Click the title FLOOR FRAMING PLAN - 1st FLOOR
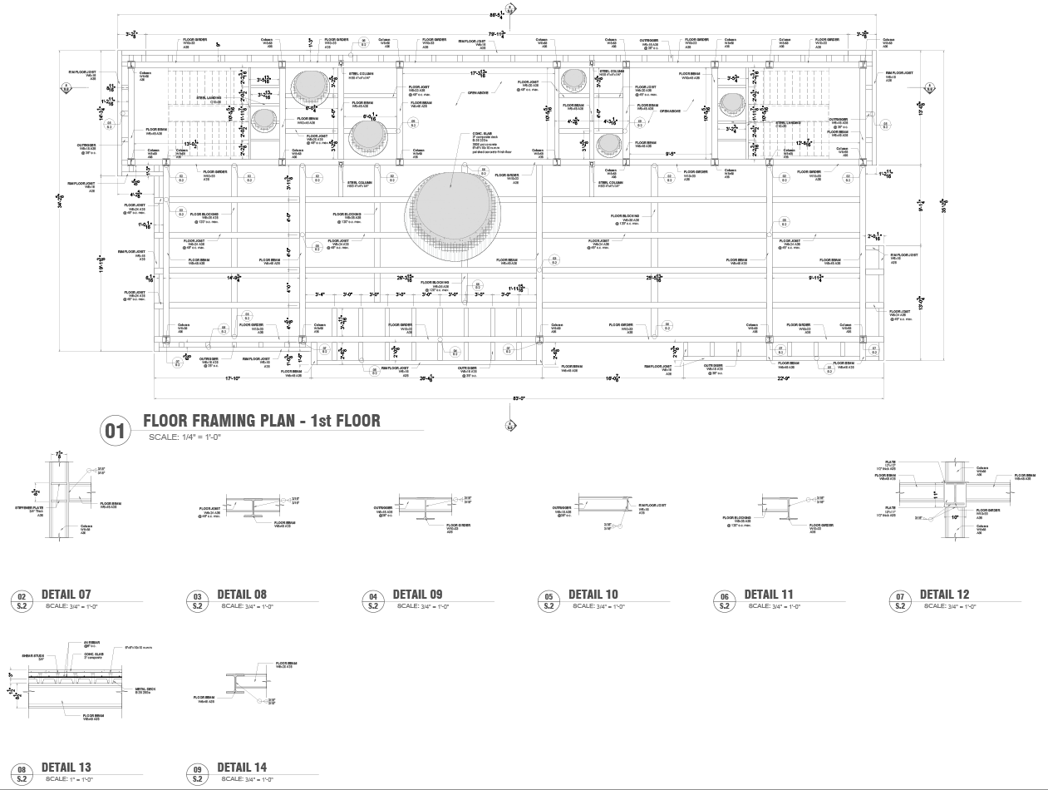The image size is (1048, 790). [x=262, y=421]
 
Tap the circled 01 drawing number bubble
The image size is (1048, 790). [x=116, y=431]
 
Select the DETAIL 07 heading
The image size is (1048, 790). [x=66, y=595]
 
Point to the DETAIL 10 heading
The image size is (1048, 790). [x=593, y=595]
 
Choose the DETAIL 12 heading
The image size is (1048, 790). [x=944, y=595]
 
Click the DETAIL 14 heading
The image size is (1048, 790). [x=242, y=767]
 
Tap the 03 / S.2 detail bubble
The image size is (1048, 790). [x=198, y=601]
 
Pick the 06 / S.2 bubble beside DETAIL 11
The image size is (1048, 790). [x=725, y=601]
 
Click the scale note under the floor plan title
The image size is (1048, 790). [x=185, y=437]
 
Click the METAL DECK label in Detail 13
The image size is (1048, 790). [x=145, y=689]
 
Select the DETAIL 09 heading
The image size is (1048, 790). [x=417, y=595]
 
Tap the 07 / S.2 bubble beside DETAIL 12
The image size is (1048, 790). [x=900, y=601]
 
